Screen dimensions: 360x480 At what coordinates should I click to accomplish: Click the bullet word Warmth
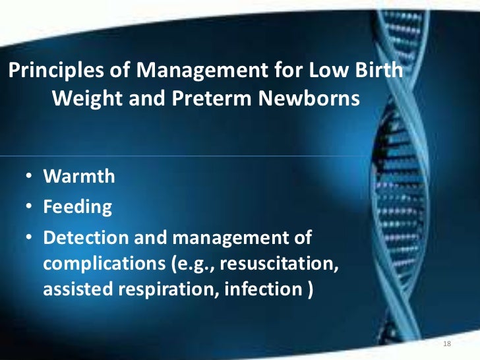coord(79,177)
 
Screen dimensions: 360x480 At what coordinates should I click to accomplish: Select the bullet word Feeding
coord(78,208)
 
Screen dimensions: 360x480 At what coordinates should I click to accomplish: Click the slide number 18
coord(447,345)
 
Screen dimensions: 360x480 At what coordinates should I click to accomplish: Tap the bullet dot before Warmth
coord(31,177)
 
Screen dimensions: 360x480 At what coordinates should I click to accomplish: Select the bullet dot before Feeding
coord(31,208)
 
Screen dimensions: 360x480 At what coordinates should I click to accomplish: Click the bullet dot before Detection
coord(31,238)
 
